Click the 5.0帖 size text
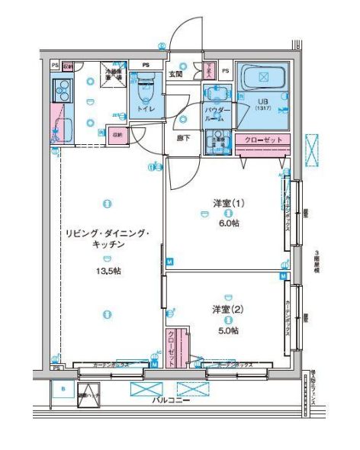[227, 330]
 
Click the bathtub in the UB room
[263, 78]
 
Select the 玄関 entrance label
[175, 74]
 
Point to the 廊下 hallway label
[184, 138]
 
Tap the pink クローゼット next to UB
[263, 140]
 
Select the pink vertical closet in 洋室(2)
[172, 349]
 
